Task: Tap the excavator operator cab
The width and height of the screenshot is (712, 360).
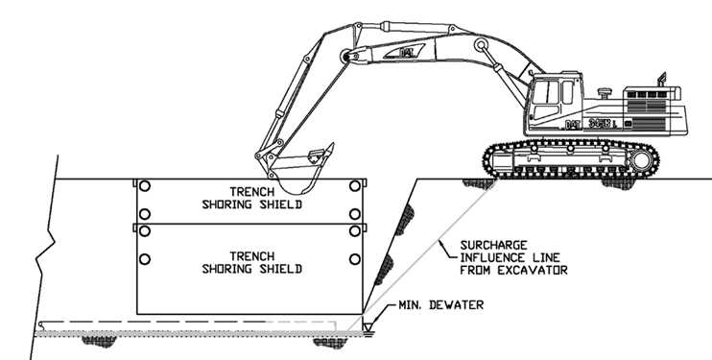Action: tap(555, 100)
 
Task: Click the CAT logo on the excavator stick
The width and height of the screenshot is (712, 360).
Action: tap(406, 52)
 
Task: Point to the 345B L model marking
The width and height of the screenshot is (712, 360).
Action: tap(603, 123)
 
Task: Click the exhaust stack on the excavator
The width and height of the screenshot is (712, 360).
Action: tap(661, 80)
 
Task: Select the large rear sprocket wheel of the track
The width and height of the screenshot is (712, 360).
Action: tap(641, 160)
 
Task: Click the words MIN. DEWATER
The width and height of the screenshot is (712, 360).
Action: tap(440, 305)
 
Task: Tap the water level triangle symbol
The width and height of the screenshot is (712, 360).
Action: tap(368, 326)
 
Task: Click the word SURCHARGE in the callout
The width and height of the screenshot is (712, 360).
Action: tap(493, 246)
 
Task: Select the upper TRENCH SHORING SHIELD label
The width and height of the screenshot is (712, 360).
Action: tap(251, 198)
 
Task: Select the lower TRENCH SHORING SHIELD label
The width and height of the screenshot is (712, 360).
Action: tap(251, 263)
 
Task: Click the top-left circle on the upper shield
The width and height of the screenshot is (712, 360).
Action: tap(145, 186)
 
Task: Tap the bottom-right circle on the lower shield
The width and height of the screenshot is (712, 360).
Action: tap(355, 259)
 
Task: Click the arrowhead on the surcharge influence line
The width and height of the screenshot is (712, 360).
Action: tap(439, 244)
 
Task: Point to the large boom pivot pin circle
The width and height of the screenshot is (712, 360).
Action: tap(481, 44)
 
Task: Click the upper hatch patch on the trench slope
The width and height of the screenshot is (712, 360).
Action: tap(405, 220)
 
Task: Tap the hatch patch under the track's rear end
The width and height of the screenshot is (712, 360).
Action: tap(618, 183)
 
